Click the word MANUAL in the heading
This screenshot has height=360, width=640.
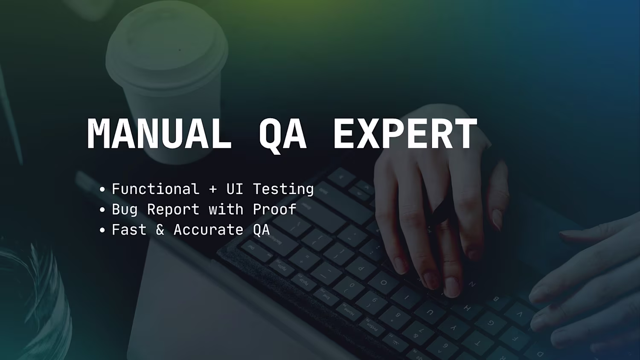coord(159,133)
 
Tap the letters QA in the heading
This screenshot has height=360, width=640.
coord(283,135)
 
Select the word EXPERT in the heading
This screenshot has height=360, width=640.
coord(406,133)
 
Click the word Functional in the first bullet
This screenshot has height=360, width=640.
coord(155,189)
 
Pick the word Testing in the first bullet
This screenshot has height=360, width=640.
coord(283,189)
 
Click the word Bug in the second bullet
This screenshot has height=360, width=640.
coord(125,210)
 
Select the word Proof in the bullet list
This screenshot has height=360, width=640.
coord(274,209)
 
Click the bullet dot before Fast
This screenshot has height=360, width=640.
coord(102,230)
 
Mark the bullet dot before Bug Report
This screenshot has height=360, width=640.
coord(102,210)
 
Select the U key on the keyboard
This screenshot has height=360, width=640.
coord(429,312)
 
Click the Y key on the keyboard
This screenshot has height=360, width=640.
coord(453,327)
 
